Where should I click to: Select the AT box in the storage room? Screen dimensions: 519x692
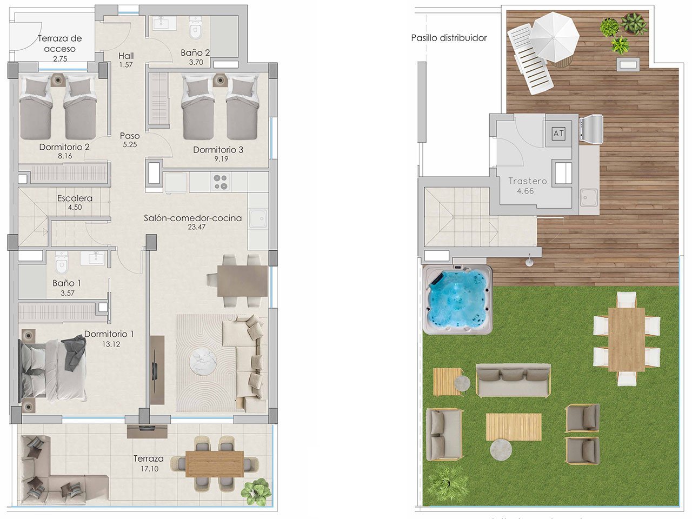tap(558, 133)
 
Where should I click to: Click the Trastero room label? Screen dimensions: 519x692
tap(528, 181)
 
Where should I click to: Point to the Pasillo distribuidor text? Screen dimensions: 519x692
tap(449, 38)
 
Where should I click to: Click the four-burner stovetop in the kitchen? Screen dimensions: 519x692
tap(221, 182)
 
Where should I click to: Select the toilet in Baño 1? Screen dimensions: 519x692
tap(62, 262)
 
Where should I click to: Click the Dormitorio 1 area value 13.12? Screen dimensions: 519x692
tap(110, 344)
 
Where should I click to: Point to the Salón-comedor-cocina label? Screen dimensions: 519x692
tap(192, 218)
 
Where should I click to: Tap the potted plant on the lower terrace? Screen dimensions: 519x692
tap(256, 492)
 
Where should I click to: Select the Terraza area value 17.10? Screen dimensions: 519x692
tap(149, 469)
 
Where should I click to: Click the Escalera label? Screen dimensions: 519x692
tap(75, 198)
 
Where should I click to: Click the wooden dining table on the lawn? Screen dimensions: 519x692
tap(626, 339)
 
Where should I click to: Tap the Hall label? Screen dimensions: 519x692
tap(126, 56)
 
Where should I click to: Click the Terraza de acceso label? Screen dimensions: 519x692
tap(59, 43)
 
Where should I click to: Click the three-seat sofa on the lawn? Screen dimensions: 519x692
tap(513, 380)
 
